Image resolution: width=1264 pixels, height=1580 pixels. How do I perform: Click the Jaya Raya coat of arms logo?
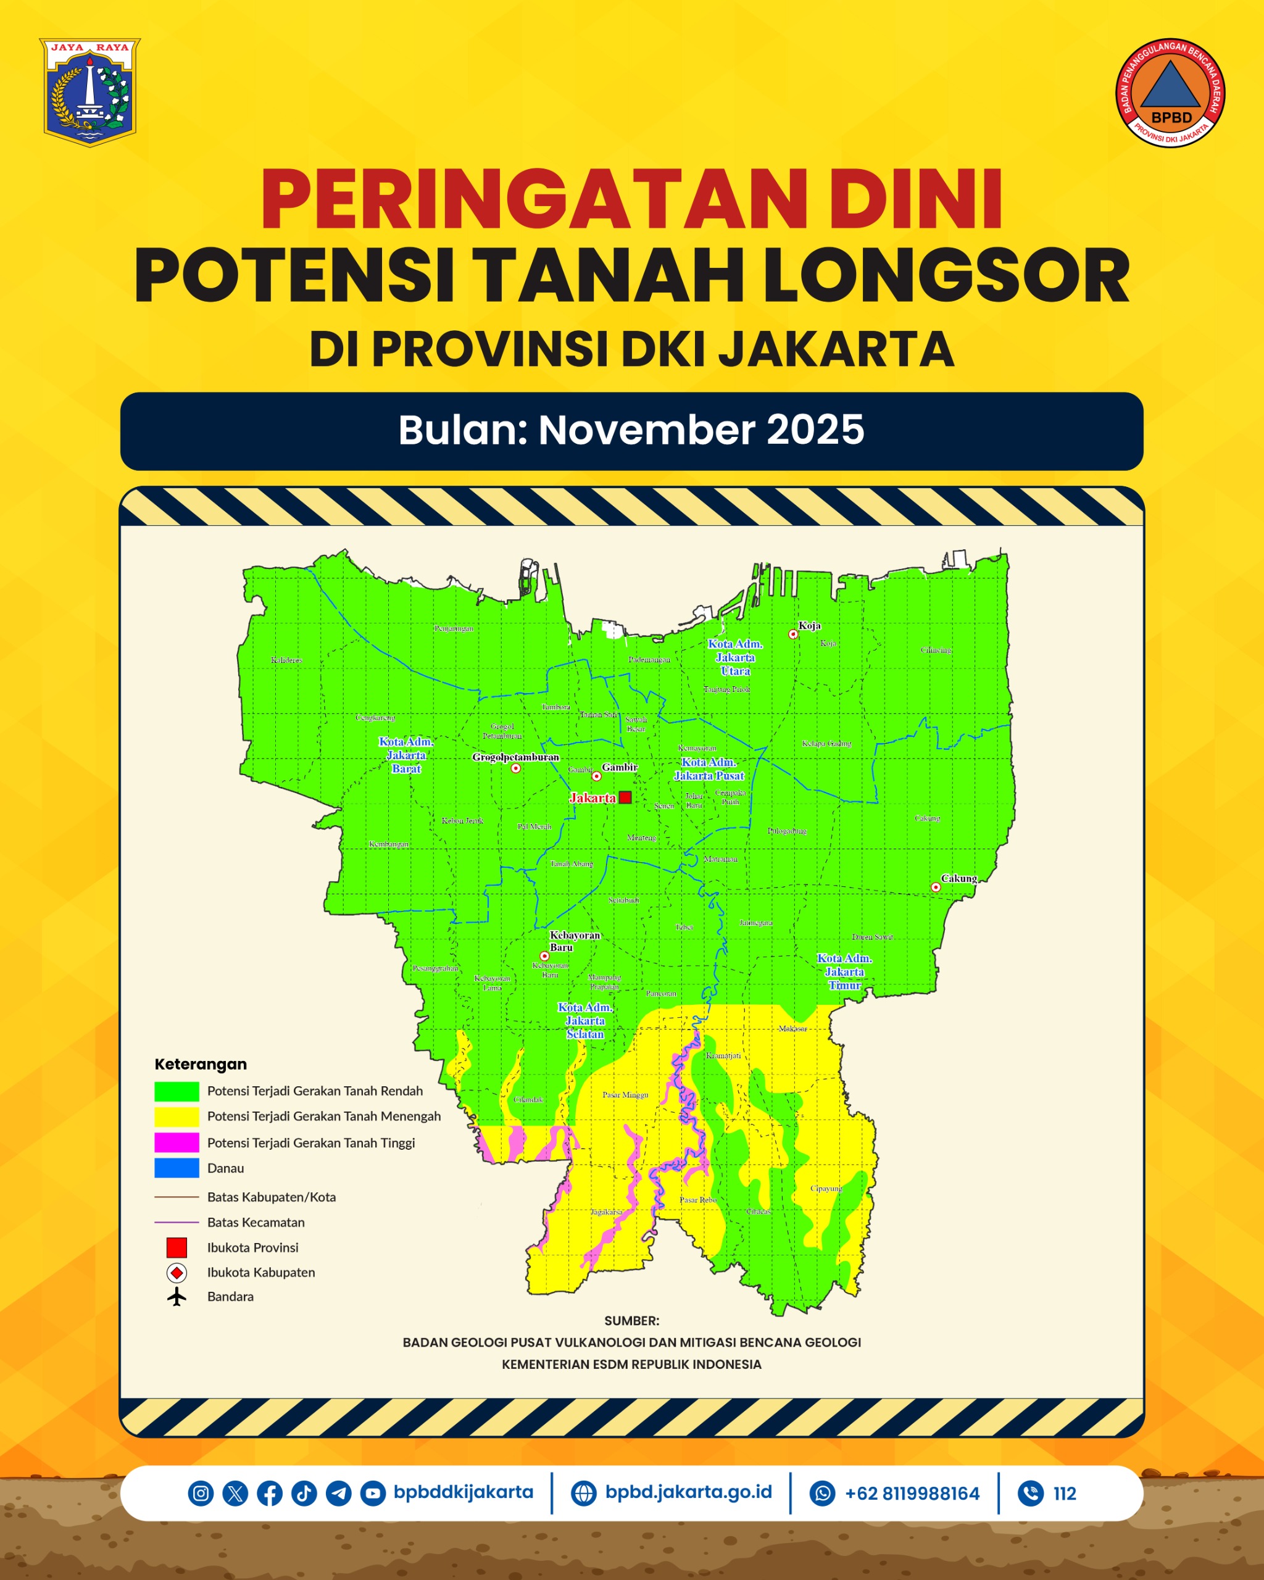coord(89,93)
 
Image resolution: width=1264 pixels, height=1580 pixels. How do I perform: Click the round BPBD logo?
coord(1170,93)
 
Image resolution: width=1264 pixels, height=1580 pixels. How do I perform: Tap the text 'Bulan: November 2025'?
coord(631,430)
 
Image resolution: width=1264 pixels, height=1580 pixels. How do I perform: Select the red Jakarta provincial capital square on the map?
coord(625,797)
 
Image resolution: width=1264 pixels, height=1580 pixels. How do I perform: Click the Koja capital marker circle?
coord(793,634)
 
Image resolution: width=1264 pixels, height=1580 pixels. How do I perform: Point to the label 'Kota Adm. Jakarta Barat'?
coord(406,755)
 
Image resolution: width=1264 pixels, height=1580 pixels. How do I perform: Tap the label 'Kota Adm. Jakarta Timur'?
coord(844,971)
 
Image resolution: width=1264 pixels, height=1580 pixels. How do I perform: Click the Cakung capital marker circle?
coord(936,887)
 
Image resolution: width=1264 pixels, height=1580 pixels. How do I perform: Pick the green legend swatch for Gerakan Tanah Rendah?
coord(177,1091)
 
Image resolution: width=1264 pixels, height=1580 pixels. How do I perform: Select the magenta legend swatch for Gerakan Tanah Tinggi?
coord(177,1142)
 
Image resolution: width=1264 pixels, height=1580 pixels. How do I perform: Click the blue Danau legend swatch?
coord(177,1168)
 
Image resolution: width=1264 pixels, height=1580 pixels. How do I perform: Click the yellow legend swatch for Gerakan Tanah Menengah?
coord(177,1117)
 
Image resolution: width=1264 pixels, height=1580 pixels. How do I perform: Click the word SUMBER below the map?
coord(631,1321)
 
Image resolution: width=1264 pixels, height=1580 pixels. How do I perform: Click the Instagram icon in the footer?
coord(201,1493)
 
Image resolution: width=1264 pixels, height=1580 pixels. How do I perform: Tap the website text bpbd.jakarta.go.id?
coord(688,1492)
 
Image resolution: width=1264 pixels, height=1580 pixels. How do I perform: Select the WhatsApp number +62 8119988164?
coord(912,1494)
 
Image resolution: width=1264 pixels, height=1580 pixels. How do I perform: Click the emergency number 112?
coord(1064,1494)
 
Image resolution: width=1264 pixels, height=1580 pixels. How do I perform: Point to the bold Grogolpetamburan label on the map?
coord(515,757)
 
